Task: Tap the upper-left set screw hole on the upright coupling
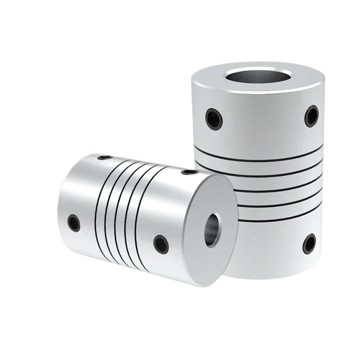click(213, 118)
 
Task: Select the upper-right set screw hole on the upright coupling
click(311, 115)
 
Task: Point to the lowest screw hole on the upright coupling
click(309, 243)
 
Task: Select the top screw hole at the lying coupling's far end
click(104, 157)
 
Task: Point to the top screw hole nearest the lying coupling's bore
click(190, 171)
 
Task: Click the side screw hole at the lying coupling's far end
click(73, 222)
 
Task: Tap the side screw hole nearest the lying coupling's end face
click(161, 243)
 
